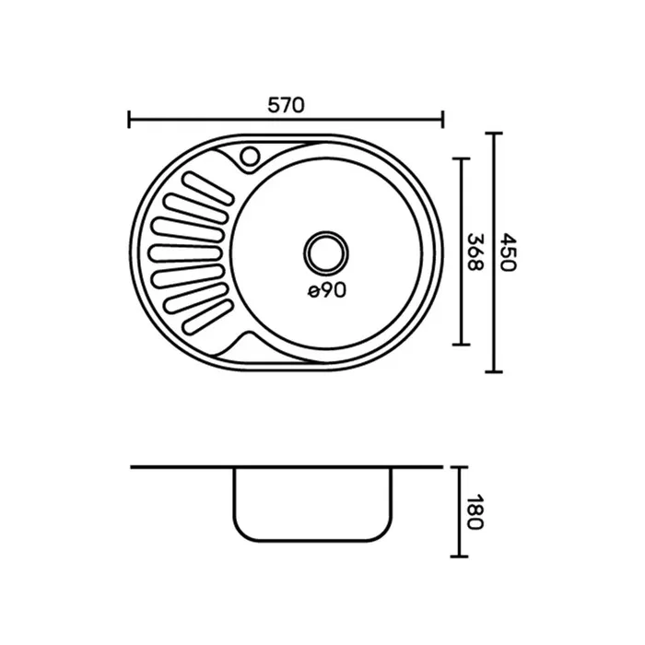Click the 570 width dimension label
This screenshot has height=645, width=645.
(286, 105)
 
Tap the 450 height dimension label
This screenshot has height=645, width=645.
(508, 252)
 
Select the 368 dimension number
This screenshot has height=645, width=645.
(476, 252)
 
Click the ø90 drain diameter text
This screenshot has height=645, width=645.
(327, 291)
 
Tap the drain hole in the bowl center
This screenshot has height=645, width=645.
(326, 253)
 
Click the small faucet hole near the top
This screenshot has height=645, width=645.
(250, 157)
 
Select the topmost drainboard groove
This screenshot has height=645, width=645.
(207, 188)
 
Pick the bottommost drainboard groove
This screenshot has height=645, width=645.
(207, 316)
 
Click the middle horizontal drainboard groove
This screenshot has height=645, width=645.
(186, 253)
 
